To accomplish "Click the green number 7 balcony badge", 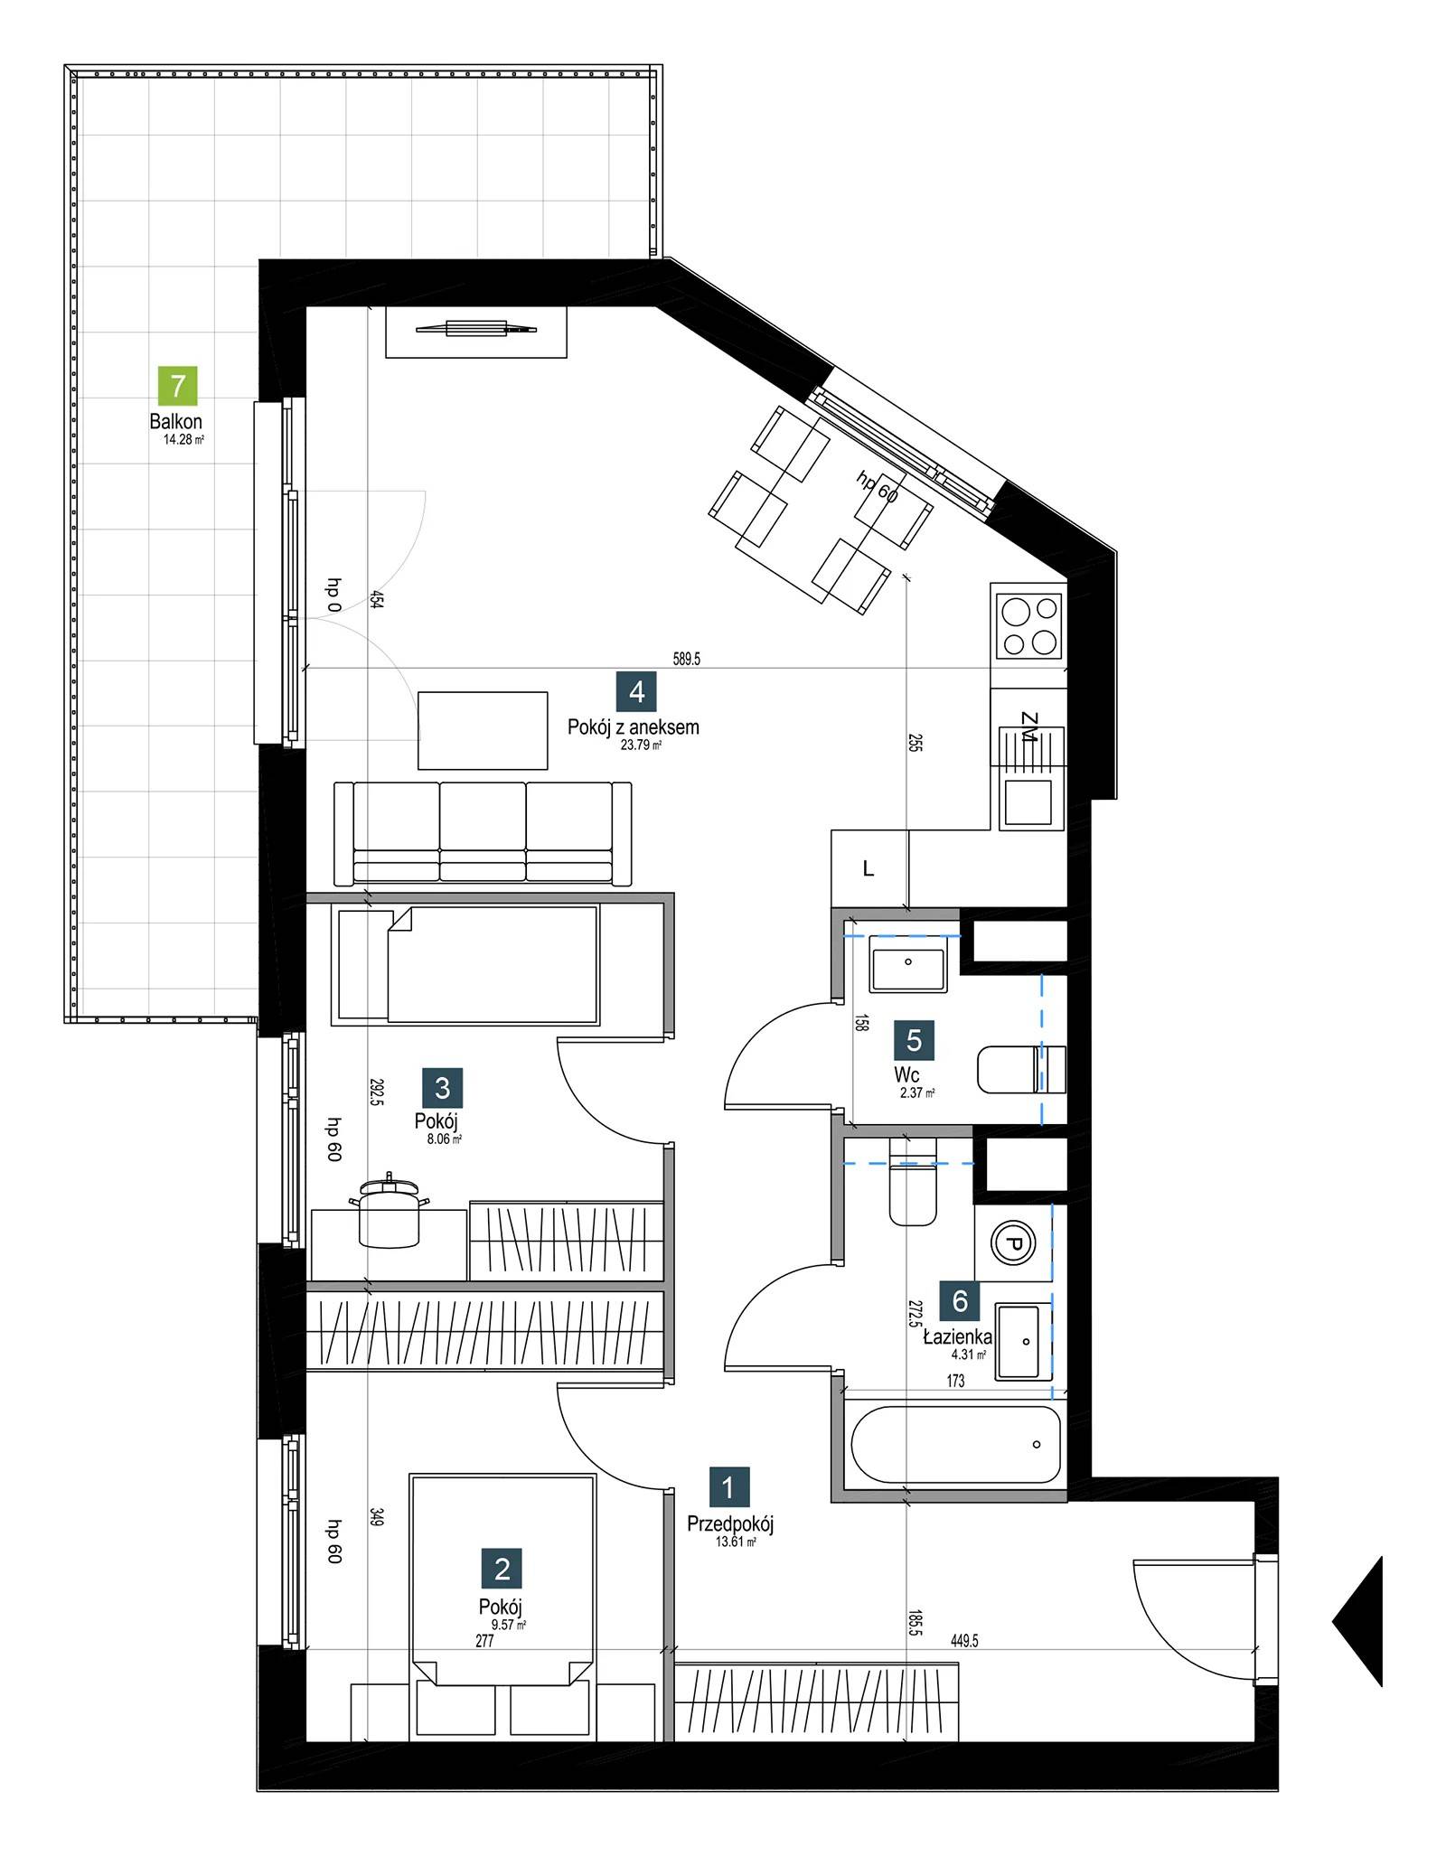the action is [177, 386].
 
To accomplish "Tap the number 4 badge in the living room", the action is [636, 692].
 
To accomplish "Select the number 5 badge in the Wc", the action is [914, 1040].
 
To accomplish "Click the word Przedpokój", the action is [730, 1524].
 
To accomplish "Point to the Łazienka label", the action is [957, 1337].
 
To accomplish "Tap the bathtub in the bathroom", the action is [955, 1444].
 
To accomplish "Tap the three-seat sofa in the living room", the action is [483, 833].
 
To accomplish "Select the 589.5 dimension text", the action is [686, 660].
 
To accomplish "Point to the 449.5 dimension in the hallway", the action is [964, 1641].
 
